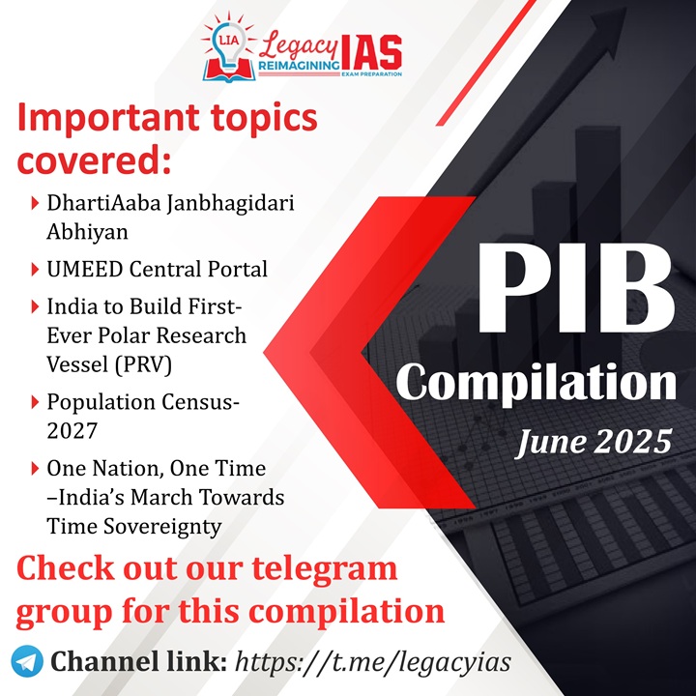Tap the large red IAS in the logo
click(371, 53)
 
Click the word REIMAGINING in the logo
click(299, 66)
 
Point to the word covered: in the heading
click(94, 160)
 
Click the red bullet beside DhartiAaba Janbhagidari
click(35, 203)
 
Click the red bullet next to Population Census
click(35, 402)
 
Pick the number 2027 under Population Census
click(72, 431)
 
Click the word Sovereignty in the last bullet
click(162, 528)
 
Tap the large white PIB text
click(576, 289)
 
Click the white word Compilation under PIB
click(536, 382)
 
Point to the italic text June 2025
click(594, 442)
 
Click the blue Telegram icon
click(27, 661)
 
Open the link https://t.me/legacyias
click(373, 662)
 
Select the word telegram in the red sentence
click(325, 569)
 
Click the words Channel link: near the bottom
click(139, 661)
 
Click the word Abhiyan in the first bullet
click(87, 232)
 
